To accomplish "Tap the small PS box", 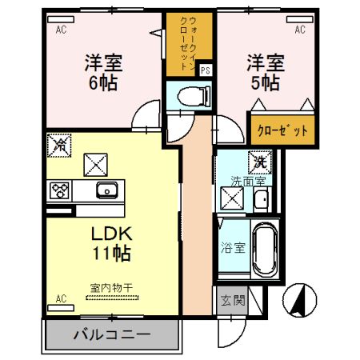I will pyautogui.click(x=206, y=70).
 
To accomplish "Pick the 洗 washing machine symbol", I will pyautogui.click(x=261, y=161).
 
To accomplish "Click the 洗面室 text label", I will pyautogui.click(x=248, y=180).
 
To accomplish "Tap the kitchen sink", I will pyautogui.click(x=106, y=190).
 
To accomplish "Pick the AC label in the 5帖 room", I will pyautogui.click(x=300, y=30).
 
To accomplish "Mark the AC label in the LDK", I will pyautogui.click(x=60, y=299).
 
